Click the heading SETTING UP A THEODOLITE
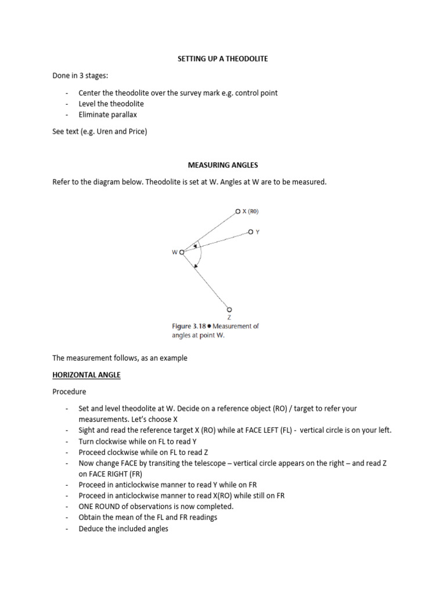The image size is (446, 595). [222, 59]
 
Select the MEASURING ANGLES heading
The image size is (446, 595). [222, 165]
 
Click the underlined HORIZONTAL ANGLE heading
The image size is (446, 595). [86, 375]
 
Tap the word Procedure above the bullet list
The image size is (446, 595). [69, 392]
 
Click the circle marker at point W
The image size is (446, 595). [182, 252]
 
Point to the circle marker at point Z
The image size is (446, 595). [229, 309]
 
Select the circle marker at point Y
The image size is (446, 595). [250, 231]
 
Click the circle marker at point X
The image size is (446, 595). [238, 212]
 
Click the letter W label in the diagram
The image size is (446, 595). [174, 252]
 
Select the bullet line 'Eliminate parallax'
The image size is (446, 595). [107, 114]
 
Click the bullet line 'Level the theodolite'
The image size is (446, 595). [111, 103]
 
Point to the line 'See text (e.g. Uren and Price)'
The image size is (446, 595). [100, 131]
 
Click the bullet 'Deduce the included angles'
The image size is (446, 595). [123, 529]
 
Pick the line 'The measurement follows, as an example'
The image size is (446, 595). [120, 358]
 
